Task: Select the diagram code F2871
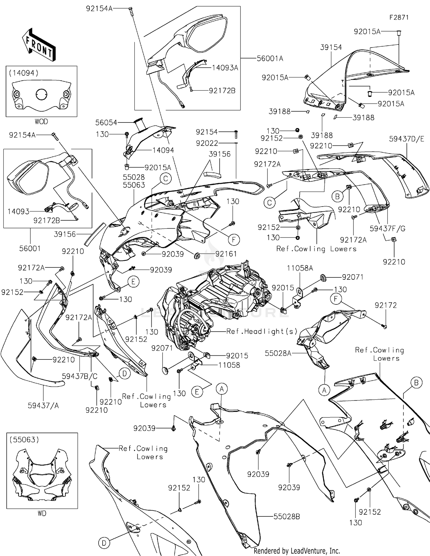click(x=399, y=18)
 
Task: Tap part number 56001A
click(x=270, y=59)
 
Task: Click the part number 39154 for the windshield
click(x=331, y=47)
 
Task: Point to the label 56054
click(x=106, y=123)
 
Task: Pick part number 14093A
click(x=225, y=68)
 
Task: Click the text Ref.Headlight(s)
click(x=262, y=331)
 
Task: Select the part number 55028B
click(x=286, y=517)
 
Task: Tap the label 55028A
click(x=278, y=353)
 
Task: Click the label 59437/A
click(x=43, y=405)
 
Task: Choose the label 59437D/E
click(x=406, y=139)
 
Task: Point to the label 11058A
click(x=300, y=268)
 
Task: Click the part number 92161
click(x=226, y=254)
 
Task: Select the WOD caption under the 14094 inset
click(x=41, y=122)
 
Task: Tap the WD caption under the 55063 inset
click(x=42, y=514)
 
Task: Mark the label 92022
click(x=207, y=143)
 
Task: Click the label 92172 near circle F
click(x=386, y=305)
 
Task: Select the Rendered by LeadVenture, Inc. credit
click(x=297, y=551)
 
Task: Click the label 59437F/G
click(x=387, y=228)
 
